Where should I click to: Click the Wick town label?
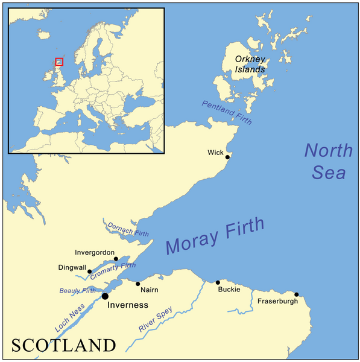[215, 152]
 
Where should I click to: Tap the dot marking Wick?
[227, 157]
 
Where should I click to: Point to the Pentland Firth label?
[227, 113]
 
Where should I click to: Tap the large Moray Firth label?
[215, 236]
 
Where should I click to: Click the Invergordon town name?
[95, 252]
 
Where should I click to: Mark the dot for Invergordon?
[116, 259]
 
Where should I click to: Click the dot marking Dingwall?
[90, 271]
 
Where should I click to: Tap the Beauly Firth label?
[77, 291]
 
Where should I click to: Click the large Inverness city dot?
[105, 296]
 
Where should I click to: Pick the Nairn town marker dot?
[138, 284]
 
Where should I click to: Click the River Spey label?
[156, 320]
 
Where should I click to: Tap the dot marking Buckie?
[218, 282]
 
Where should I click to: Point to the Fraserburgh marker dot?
[296, 294]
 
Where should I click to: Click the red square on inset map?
[59, 62]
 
